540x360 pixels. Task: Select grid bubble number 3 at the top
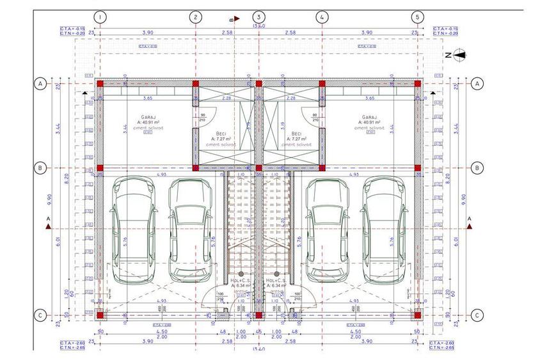[258, 17]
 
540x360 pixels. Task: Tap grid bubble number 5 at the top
[417, 17]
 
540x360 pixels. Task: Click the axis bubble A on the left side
[40, 83]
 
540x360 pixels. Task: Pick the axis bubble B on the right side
[477, 168]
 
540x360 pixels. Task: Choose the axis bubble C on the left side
[40, 315]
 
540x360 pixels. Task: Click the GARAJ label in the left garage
[149, 117]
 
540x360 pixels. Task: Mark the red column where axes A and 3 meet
[258, 83]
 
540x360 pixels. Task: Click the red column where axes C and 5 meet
[417, 315]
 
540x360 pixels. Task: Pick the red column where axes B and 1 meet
[100, 168]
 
